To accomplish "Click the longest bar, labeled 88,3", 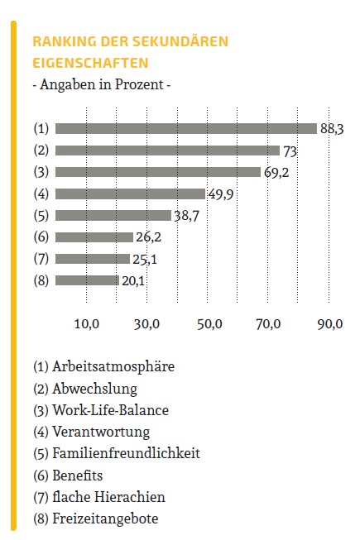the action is [x=186, y=128].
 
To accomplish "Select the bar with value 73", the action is [x=167, y=151].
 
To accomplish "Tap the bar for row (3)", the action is [x=158, y=172].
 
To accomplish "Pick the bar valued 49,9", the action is [x=130, y=194].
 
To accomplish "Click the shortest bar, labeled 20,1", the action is [x=87, y=280].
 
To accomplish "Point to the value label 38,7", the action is [x=187, y=216].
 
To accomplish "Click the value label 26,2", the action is [x=148, y=237].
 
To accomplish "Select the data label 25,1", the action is [x=145, y=259].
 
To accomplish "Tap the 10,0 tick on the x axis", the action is [x=87, y=324].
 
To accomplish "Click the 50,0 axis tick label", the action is [x=209, y=324].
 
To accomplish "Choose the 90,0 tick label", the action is [x=330, y=324].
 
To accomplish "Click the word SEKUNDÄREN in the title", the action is [x=180, y=41].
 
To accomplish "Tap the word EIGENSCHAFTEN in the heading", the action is [x=90, y=63].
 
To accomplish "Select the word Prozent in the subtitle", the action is [x=139, y=84].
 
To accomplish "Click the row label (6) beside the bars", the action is [x=41, y=237].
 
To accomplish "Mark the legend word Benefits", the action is [x=78, y=475].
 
